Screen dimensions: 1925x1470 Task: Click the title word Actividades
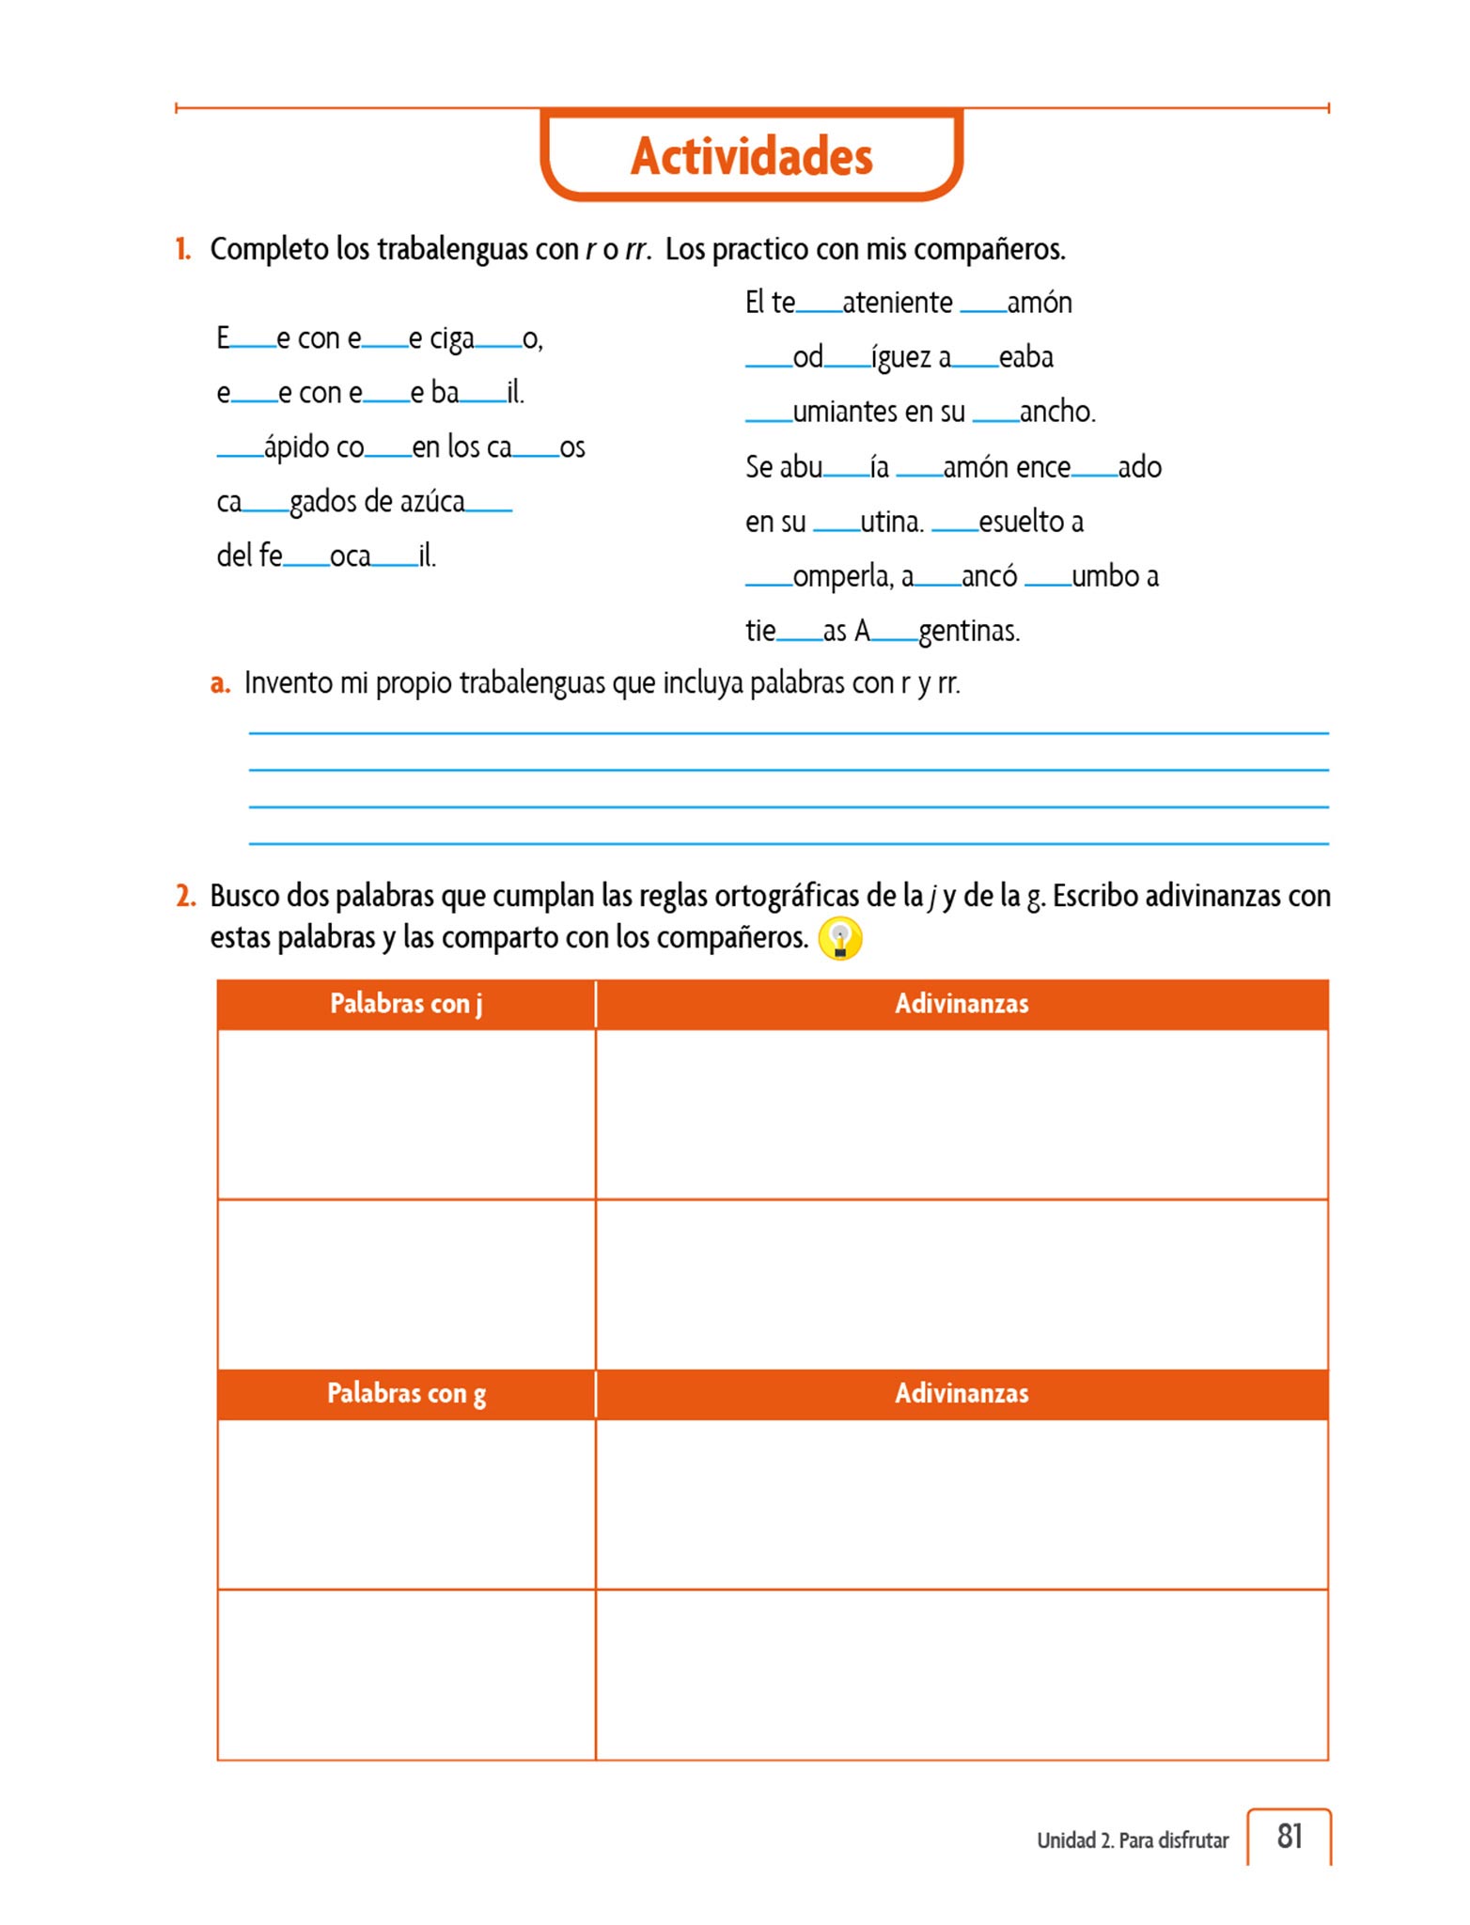coord(751,156)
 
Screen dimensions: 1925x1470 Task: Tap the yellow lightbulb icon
coord(839,938)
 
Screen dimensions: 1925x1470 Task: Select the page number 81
coord(1290,1836)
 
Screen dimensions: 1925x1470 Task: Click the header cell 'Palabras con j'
coord(406,1004)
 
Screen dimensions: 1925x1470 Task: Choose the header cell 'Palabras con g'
coord(406,1393)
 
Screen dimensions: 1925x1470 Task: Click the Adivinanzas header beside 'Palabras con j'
coord(961,1004)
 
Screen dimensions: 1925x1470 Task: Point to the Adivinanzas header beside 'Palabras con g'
coord(961,1393)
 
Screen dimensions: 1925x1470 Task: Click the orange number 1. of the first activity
coord(183,249)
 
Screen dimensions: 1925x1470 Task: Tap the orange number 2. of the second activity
coord(185,896)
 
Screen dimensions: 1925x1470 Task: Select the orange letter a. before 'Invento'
coord(220,683)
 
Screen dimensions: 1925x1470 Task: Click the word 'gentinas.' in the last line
coord(969,631)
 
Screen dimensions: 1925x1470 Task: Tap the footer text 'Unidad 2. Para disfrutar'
coord(1132,1840)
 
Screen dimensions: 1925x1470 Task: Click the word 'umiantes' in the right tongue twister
coord(879,412)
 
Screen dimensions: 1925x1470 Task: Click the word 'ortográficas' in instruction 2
coord(788,896)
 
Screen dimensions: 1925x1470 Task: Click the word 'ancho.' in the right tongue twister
coord(1057,412)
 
